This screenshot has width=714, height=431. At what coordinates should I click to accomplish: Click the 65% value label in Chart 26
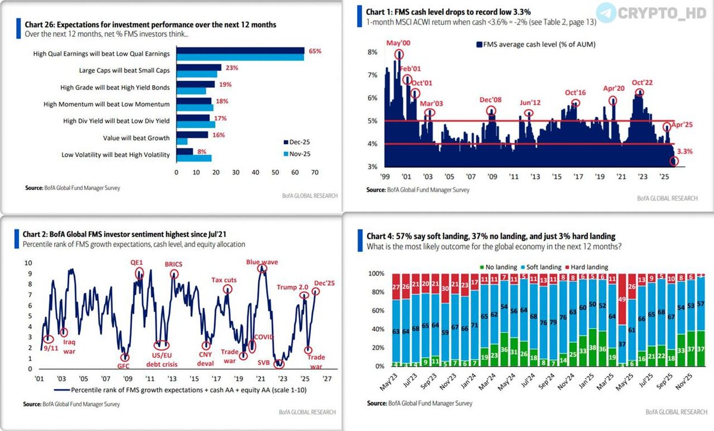(315, 52)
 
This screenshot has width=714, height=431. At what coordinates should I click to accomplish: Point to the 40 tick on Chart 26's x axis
(255, 172)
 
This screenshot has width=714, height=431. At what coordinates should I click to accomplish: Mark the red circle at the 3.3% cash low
(674, 161)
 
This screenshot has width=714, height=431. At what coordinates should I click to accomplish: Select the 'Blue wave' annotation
(262, 261)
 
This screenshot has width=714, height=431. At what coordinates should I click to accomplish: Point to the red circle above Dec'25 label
(316, 291)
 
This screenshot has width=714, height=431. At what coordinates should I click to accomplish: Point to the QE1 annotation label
(137, 261)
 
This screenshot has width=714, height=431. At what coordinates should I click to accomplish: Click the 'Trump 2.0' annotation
(292, 288)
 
